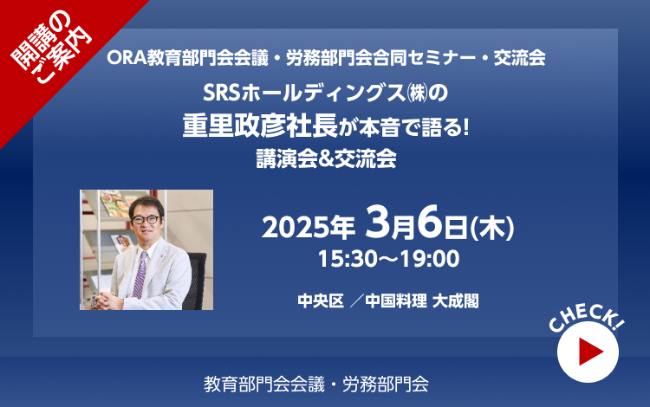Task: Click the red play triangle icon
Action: (x=589, y=352)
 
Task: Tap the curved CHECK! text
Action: (x=586, y=317)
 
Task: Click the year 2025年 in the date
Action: (x=309, y=228)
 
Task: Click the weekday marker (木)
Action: (x=492, y=228)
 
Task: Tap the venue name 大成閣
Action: (x=456, y=301)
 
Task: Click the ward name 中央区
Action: (x=321, y=301)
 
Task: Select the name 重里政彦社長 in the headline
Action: (x=260, y=126)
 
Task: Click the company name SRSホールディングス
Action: (x=304, y=94)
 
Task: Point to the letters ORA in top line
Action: (x=126, y=58)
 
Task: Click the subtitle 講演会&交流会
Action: (x=326, y=158)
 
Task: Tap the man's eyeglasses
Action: (x=145, y=219)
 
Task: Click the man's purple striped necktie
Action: (x=140, y=275)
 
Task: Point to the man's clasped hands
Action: (x=107, y=300)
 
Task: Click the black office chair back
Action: (x=196, y=280)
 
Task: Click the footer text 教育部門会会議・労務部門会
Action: (x=315, y=384)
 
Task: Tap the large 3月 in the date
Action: (x=390, y=223)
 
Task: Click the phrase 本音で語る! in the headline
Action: (x=414, y=126)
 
